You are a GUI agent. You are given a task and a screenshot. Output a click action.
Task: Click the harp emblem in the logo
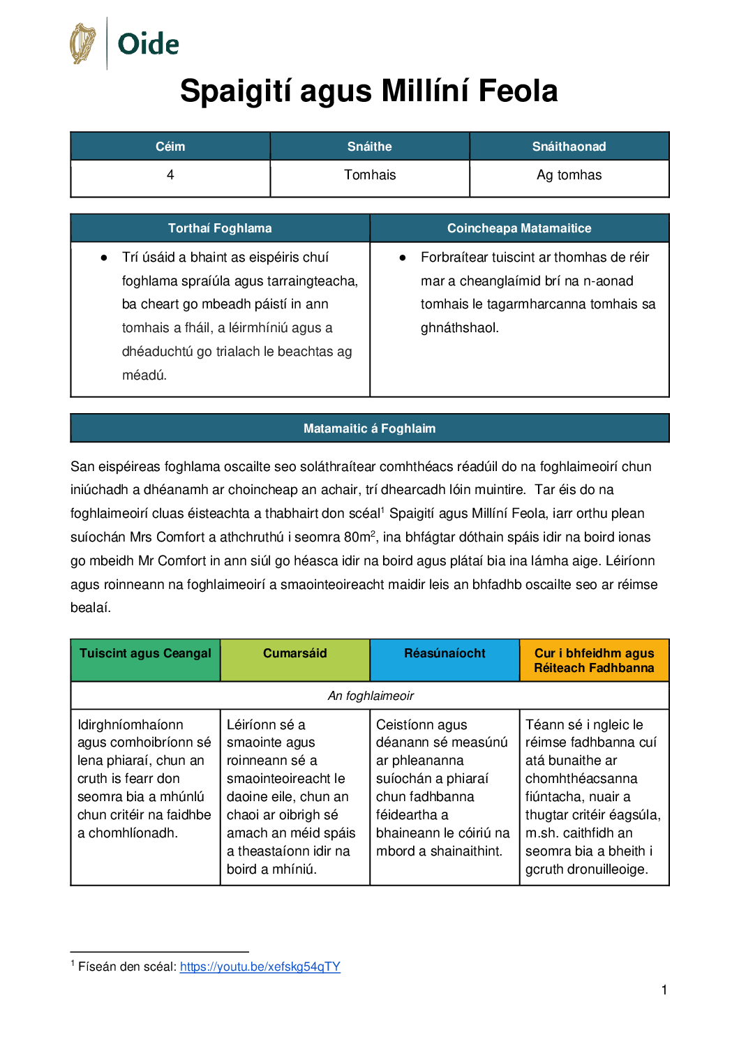coord(82,43)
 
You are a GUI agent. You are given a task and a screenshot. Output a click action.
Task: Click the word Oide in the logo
coord(148,44)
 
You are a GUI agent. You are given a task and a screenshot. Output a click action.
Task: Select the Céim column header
coord(170,147)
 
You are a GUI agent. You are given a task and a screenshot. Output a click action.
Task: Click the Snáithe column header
coord(370,147)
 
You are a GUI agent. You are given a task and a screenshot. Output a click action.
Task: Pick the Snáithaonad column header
coord(569,147)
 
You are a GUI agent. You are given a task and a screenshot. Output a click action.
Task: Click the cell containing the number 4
coord(170,175)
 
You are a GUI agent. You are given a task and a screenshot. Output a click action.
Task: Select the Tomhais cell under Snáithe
coord(370,175)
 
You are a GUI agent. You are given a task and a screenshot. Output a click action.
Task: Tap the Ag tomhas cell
coord(569,175)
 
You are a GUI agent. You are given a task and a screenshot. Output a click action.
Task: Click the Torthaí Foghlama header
coord(220,228)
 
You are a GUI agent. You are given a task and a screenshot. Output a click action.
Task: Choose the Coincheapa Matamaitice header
coord(519,228)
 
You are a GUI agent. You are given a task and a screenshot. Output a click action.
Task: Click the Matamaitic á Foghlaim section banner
coord(369,428)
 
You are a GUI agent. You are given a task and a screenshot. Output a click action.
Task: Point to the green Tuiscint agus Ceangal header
coord(145,654)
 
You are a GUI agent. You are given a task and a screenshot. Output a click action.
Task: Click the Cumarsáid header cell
coord(294,654)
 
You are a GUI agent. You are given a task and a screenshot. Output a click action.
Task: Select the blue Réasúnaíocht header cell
coord(445,654)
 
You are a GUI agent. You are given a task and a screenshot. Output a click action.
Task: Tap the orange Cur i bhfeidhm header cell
coord(594,660)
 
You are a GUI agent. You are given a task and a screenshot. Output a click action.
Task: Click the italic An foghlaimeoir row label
coord(371,696)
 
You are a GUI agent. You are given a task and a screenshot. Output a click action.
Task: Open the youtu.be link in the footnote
coord(260,967)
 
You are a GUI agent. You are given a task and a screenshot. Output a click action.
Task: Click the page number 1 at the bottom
coord(664,990)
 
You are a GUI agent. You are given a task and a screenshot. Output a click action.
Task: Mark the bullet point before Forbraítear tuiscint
coord(403,258)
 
